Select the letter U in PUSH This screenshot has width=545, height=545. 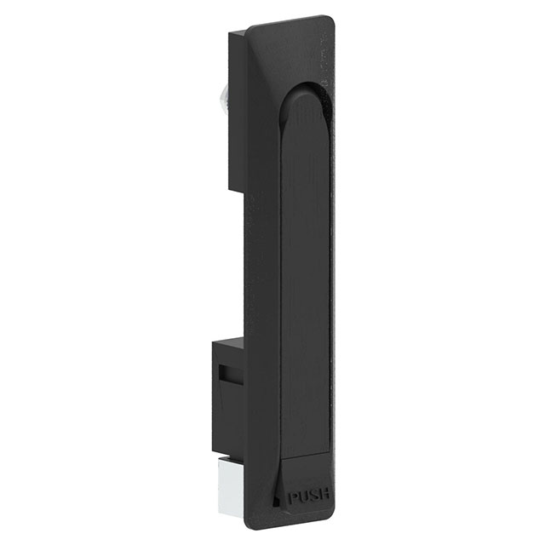point(307,496)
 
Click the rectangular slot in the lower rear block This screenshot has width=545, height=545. point(226,374)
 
